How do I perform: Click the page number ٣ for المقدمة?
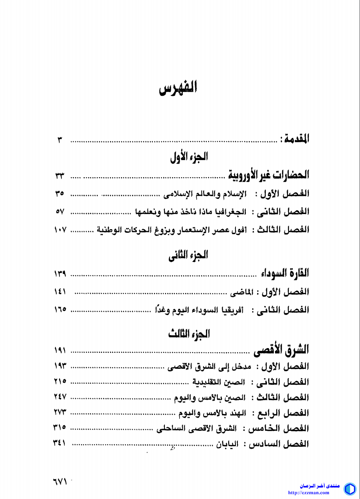coord(60,140)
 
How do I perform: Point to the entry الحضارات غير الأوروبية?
coord(268,175)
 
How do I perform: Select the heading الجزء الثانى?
coord(188,255)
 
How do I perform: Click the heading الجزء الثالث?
coord(189,334)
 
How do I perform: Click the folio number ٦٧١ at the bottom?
coord(60,482)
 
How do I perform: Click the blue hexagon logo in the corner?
coord(350,489)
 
